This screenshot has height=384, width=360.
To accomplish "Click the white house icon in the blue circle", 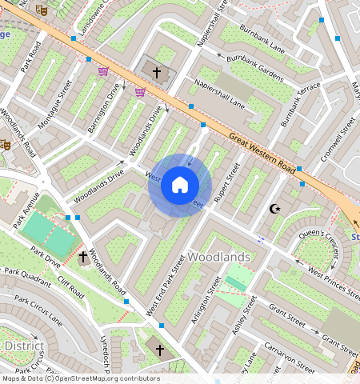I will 180,186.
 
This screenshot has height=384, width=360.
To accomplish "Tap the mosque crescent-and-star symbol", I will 275,209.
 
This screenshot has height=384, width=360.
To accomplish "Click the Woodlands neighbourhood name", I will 219,257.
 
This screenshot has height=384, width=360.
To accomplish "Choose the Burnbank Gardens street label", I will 255,65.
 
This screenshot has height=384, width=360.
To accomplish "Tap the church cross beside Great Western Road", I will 156,73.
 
